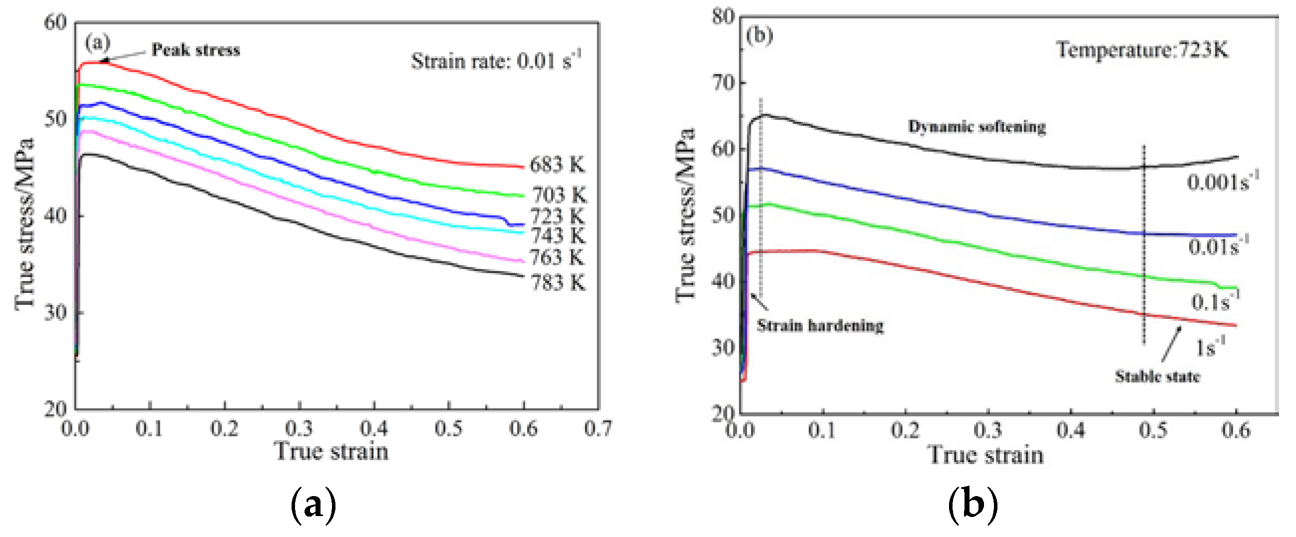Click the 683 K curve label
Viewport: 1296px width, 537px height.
point(557,165)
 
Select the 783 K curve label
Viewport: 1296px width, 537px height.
point(559,283)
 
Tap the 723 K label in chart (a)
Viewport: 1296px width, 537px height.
point(558,216)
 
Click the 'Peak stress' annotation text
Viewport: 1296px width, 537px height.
point(196,50)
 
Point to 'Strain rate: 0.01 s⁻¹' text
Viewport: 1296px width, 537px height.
point(496,61)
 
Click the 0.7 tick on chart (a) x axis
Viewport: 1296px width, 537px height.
point(598,429)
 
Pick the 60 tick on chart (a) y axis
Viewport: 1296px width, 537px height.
point(55,22)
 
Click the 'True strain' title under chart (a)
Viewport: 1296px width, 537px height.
point(331,451)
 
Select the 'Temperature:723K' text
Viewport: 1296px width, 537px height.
point(1142,50)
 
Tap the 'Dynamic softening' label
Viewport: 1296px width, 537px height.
point(976,127)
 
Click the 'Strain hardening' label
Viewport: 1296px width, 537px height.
point(820,326)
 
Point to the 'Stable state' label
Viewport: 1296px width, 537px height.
point(1157,377)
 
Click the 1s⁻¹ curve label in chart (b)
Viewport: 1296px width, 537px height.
point(1210,347)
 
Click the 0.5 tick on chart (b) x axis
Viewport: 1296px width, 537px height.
point(1153,430)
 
